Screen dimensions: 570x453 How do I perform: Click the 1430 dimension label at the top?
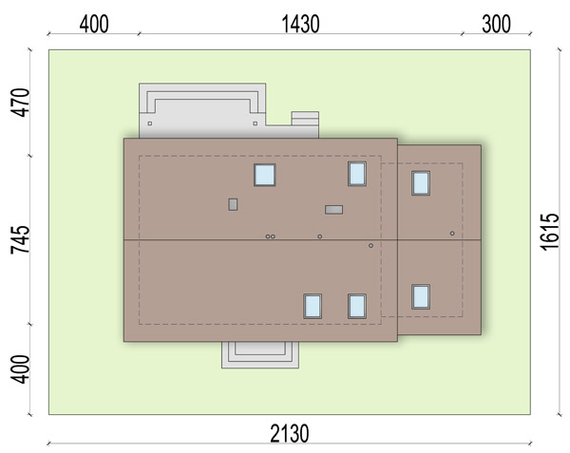(300, 25)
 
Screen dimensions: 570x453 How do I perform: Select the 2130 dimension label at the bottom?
(290, 433)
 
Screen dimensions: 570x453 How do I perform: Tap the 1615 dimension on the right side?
(549, 232)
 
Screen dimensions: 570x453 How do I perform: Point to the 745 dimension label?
(20, 239)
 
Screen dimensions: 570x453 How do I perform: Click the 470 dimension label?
(20, 103)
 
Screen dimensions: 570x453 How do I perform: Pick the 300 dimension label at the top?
(496, 25)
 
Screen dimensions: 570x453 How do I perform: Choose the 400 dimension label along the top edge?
(94, 25)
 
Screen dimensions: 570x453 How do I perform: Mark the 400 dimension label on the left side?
(20, 369)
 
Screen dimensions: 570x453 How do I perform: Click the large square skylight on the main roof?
(265, 175)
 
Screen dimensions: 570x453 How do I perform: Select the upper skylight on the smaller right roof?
(421, 183)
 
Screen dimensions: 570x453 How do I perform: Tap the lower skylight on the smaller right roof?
(421, 297)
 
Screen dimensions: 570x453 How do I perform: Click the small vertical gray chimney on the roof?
(233, 204)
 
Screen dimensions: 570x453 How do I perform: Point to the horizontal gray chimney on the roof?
(333, 210)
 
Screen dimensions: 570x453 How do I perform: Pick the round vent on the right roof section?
(452, 234)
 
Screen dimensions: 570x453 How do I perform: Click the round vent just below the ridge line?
(370, 246)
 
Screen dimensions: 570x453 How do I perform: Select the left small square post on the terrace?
(150, 123)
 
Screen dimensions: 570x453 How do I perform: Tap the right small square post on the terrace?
(256, 123)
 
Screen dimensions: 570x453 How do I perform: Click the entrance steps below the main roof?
(260, 355)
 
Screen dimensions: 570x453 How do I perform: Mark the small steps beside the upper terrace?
(305, 119)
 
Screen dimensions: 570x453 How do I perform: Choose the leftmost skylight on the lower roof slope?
(313, 306)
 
